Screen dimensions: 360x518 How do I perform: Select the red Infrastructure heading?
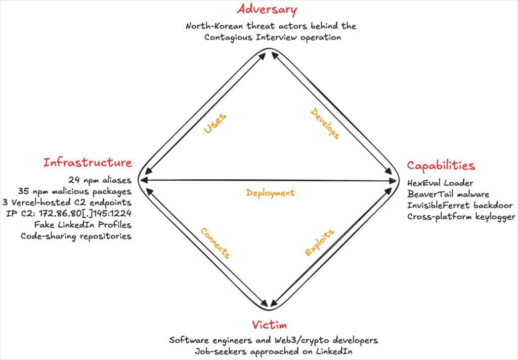[88, 163]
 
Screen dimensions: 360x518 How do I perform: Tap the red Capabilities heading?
[441, 166]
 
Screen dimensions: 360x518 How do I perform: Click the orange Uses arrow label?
[215, 124]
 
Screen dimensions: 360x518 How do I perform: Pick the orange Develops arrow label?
[325, 124]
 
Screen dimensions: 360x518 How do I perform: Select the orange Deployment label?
[270, 193]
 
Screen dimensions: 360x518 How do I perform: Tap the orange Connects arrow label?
[215, 243]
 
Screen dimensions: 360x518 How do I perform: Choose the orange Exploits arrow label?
[319, 243]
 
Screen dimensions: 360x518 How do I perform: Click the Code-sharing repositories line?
[76, 236]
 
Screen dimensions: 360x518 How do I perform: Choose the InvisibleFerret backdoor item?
[460, 206]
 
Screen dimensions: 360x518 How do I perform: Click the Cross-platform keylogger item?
[461, 217]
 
